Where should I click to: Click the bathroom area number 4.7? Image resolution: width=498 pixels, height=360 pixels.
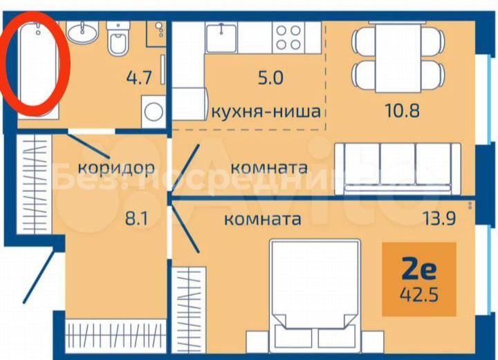coord(140,77)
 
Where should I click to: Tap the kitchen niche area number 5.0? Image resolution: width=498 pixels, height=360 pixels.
coord(270,77)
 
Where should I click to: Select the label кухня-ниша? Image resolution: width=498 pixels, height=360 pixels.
coord(266,111)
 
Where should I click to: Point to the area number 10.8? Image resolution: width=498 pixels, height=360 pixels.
coord(403,111)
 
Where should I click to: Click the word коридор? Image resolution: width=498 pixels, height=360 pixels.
coord(116,168)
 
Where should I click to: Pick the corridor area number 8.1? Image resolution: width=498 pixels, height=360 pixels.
coord(137,218)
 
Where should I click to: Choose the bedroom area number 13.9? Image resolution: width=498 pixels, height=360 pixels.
coord(439,218)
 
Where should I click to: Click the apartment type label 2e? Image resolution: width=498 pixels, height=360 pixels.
coord(419,269)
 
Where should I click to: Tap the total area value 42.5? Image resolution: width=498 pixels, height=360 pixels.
coord(419,295)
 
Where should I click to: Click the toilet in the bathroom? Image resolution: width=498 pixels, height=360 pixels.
coord(118,39)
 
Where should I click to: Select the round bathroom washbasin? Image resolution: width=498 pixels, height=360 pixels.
coord(82,32)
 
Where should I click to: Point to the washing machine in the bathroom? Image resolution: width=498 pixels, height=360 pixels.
coord(154,111)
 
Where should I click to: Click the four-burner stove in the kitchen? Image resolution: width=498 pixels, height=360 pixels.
coord(288,37)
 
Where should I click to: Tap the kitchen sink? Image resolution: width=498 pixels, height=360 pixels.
coord(221,38)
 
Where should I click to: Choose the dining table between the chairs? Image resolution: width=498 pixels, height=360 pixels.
coord(398,57)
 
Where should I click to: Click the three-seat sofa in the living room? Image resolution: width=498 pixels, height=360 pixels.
coord(398,169)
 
